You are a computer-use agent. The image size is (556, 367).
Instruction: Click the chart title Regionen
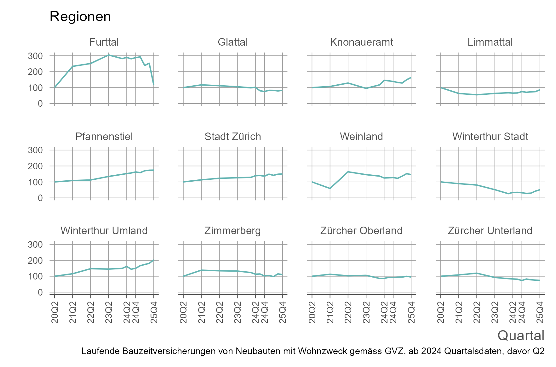(x=80, y=16)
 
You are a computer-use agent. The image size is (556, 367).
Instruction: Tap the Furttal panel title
(x=104, y=42)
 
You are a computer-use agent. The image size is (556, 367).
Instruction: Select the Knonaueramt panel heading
(x=361, y=42)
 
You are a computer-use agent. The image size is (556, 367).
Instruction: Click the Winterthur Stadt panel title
(x=490, y=137)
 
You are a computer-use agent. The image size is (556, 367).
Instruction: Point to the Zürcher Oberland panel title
(x=361, y=231)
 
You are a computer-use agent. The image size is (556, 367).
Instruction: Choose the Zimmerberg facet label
(x=232, y=231)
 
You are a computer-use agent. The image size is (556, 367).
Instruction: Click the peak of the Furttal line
(x=109, y=55)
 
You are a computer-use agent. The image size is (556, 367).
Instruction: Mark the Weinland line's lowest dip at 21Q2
(x=330, y=189)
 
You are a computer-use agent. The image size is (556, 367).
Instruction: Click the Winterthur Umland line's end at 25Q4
(x=154, y=260)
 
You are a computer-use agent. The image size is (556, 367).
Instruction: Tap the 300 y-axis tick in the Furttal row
(x=35, y=56)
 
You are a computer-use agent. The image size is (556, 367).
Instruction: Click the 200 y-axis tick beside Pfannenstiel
(x=35, y=166)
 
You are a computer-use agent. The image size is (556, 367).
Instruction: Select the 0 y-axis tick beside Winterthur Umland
(x=40, y=292)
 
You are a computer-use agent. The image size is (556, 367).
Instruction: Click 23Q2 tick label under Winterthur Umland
(x=109, y=312)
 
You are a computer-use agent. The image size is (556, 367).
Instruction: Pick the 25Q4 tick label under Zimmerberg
(x=283, y=312)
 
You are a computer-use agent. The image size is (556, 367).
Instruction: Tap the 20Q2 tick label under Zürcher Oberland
(x=312, y=312)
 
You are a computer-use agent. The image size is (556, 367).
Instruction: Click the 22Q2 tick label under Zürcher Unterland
(x=477, y=312)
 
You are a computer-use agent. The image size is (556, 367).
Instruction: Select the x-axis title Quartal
(x=521, y=336)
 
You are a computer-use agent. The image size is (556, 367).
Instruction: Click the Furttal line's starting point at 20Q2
(x=55, y=87)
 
